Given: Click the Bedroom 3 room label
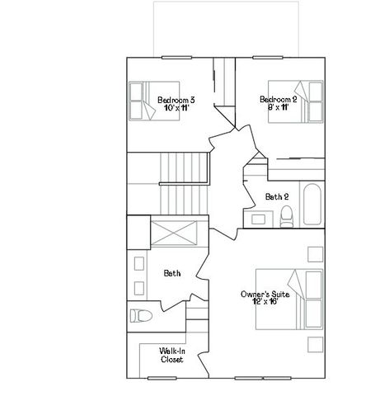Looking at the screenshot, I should click(x=176, y=101).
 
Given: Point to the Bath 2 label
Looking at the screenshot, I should click(x=277, y=196).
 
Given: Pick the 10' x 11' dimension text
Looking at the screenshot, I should click(x=176, y=109).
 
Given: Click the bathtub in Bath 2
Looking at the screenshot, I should click(x=312, y=206).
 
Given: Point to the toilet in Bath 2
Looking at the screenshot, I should click(x=286, y=217).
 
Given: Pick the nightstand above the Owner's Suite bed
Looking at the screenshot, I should click(x=313, y=252).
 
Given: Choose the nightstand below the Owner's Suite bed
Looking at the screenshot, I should click(x=313, y=346).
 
